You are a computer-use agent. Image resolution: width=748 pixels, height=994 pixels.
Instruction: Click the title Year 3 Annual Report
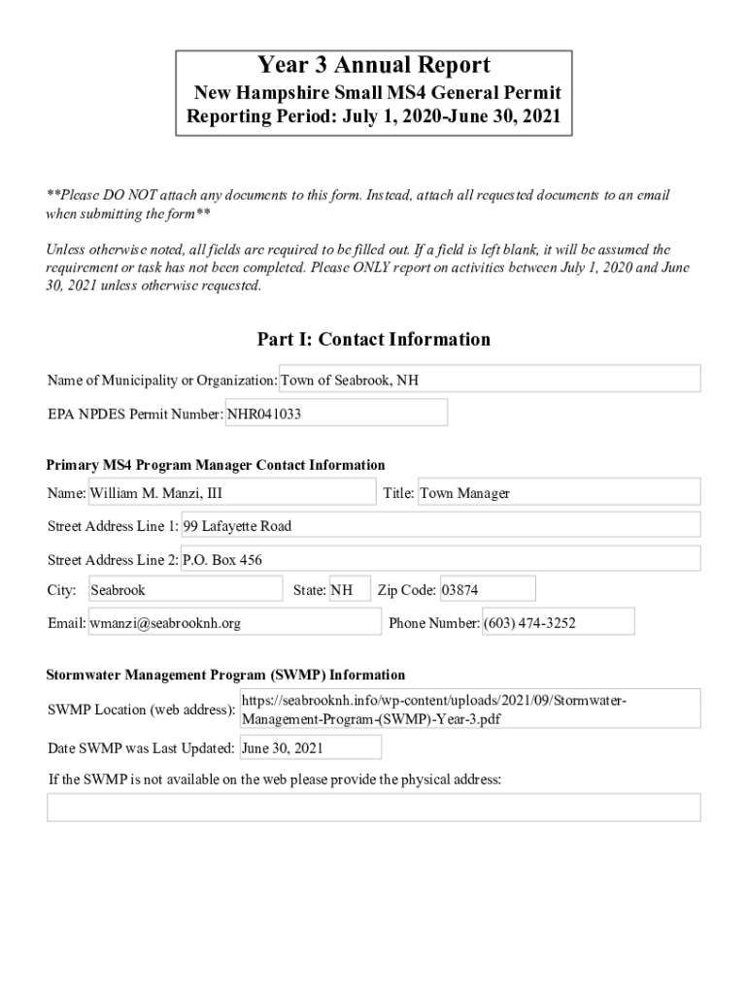(373, 66)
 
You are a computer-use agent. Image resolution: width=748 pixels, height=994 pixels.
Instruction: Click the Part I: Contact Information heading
(373, 339)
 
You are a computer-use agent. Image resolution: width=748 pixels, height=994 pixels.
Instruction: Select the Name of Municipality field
(490, 380)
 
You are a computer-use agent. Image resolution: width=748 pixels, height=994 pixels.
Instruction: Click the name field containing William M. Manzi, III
(231, 493)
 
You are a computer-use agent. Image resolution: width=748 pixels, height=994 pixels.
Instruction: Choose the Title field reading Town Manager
(558, 493)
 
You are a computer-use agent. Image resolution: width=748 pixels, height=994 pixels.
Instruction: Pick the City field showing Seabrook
(185, 590)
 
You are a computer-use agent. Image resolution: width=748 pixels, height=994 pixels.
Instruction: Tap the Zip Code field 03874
(487, 590)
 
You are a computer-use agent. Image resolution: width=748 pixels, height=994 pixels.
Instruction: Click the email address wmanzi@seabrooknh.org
(234, 623)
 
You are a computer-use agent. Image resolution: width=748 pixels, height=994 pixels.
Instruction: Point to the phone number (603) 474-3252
(558, 623)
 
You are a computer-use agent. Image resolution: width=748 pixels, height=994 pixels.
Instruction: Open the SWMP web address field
(469, 710)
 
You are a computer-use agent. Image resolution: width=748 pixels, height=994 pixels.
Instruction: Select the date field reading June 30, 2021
(310, 748)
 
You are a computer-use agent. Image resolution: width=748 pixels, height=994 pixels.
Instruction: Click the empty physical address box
(373, 808)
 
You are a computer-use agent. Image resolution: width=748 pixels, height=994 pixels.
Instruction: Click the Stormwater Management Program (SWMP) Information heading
(225, 675)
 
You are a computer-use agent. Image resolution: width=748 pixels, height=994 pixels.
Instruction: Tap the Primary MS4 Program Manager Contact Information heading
(216, 465)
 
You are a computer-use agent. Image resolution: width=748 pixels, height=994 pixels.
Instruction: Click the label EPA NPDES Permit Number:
(135, 414)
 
